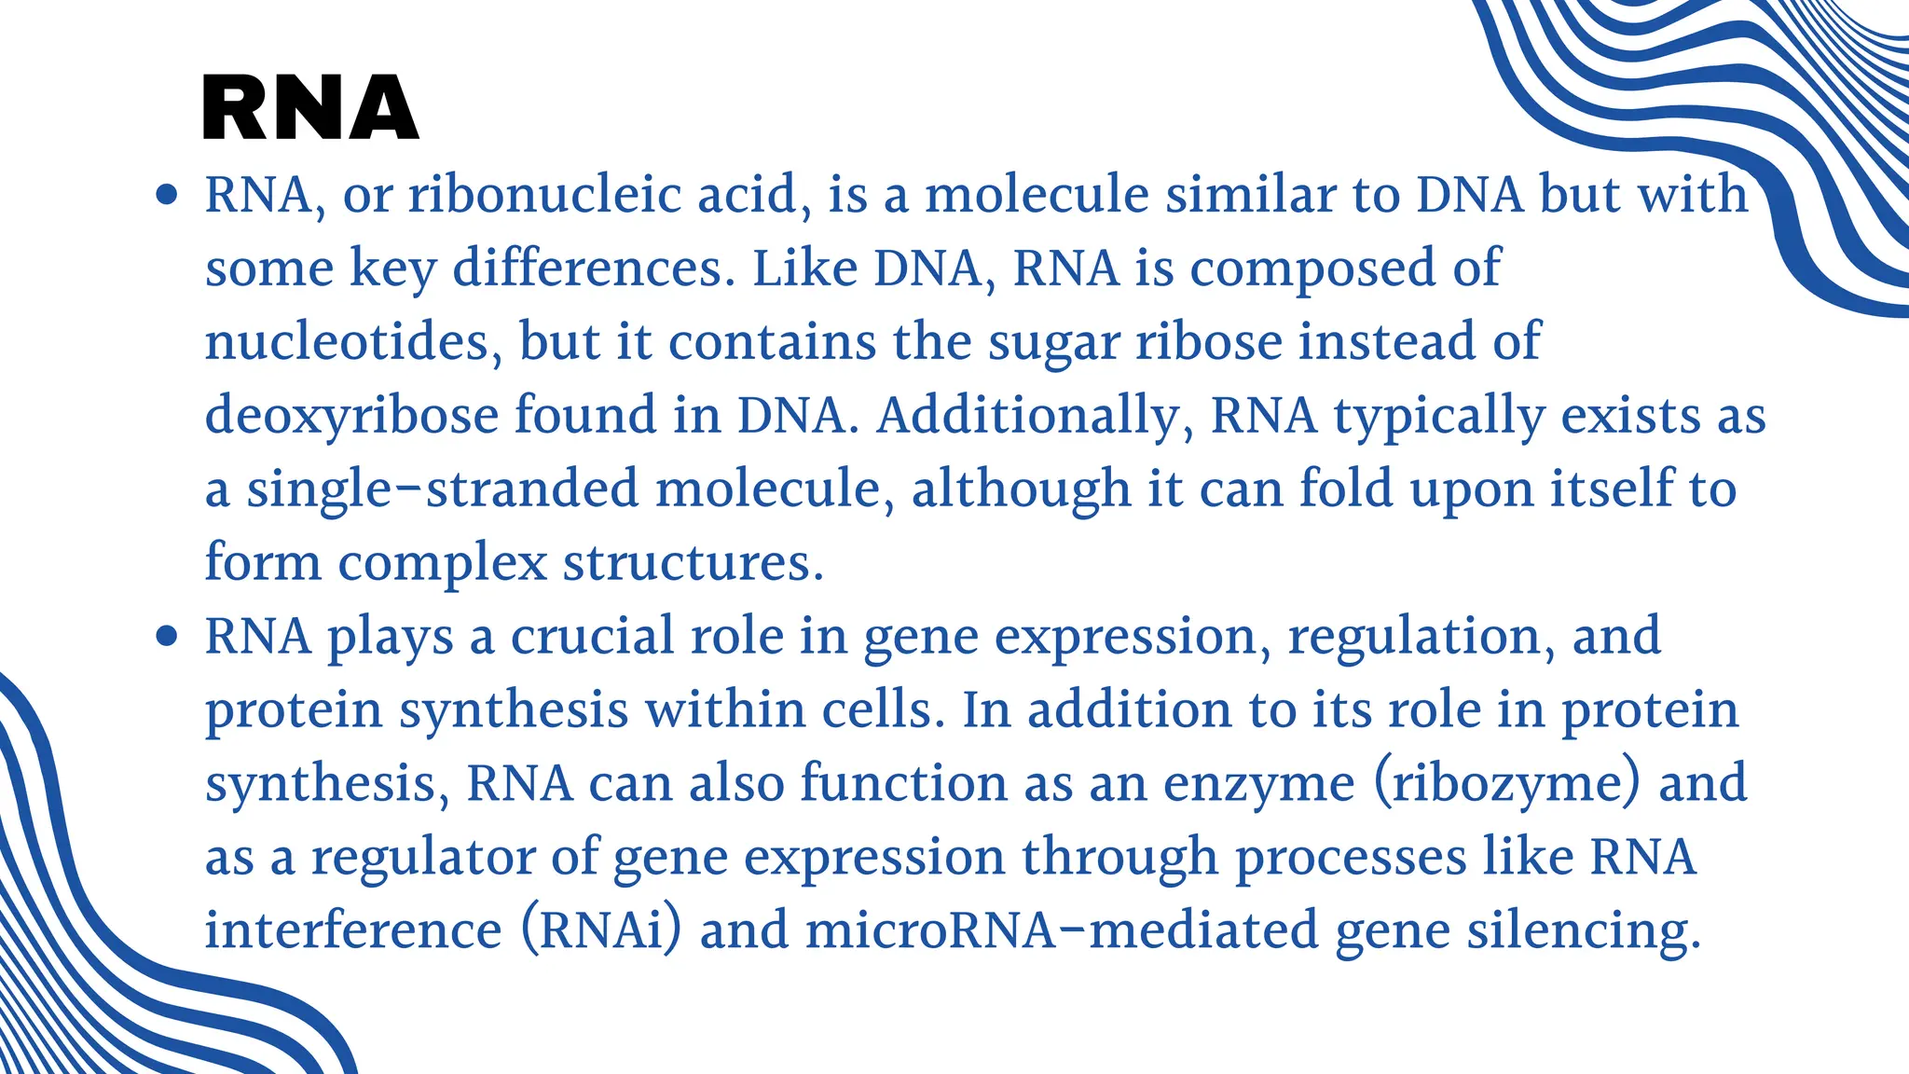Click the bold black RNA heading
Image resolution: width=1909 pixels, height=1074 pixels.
tap(310, 108)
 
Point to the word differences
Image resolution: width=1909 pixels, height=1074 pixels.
tap(588, 268)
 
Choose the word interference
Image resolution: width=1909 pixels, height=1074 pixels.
tap(353, 930)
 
